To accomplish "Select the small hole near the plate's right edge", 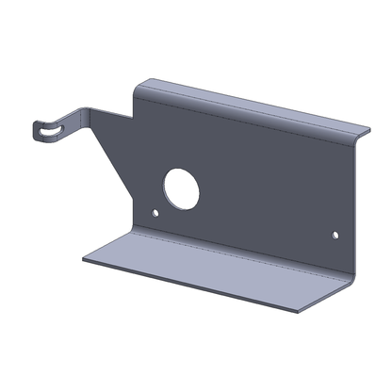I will (x=334, y=232).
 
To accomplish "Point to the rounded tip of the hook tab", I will (x=40, y=129).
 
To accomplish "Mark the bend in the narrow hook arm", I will (x=90, y=111).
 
